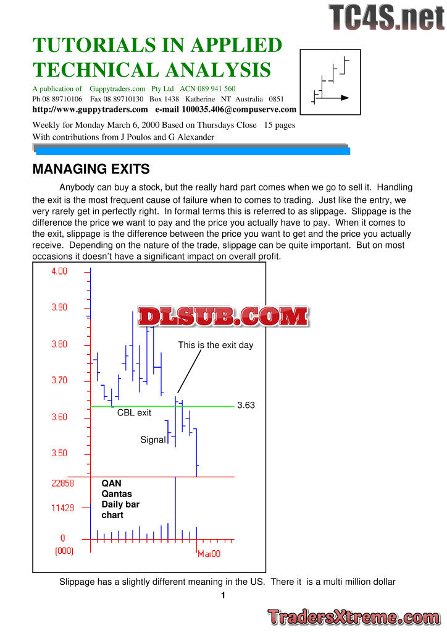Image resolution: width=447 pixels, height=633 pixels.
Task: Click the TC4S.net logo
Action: (x=386, y=17)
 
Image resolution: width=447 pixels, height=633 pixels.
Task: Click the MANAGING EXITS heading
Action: (x=91, y=169)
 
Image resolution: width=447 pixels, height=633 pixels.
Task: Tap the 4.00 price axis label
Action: (x=59, y=271)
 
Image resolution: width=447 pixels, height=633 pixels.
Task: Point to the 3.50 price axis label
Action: (x=59, y=453)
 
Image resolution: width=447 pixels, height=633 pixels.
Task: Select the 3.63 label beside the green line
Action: (x=246, y=406)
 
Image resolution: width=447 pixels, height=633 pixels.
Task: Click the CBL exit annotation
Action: (x=134, y=412)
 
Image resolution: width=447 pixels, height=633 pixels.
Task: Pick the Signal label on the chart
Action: (x=153, y=440)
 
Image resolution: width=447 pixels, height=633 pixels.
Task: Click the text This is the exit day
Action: (x=215, y=345)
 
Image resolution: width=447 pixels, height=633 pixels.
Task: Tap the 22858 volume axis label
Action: (x=62, y=483)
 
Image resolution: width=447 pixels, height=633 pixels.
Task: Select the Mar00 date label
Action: (x=209, y=554)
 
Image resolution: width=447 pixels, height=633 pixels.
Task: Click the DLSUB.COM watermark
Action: (x=223, y=317)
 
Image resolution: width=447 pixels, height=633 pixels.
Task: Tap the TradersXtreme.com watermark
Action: (x=354, y=617)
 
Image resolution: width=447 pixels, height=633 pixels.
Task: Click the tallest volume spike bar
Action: (x=176, y=507)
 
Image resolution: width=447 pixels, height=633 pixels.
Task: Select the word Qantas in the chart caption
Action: (x=117, y=494)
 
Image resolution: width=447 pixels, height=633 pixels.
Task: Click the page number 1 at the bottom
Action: (x=223, y=596)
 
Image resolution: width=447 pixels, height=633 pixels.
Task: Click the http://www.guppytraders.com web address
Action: (x=90, y=109)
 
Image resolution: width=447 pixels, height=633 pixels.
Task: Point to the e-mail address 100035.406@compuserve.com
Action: (x=239, y=109)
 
